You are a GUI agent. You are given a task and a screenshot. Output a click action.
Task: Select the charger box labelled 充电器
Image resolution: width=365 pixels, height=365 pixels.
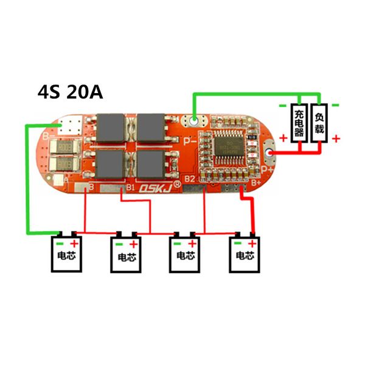click(299, 121)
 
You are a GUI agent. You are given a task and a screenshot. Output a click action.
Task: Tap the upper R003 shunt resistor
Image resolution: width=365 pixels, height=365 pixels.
click(66, 147)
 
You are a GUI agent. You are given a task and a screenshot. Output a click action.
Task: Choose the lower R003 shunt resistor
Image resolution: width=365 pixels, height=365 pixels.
click(66, 164)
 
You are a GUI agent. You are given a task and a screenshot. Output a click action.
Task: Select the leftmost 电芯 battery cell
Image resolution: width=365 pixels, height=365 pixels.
click(66, 252)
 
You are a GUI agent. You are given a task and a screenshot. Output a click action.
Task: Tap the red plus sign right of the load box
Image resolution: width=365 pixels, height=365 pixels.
click(336, 138)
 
